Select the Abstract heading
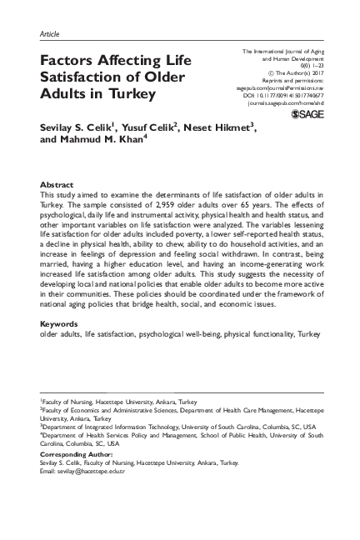(x=57, y=183)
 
